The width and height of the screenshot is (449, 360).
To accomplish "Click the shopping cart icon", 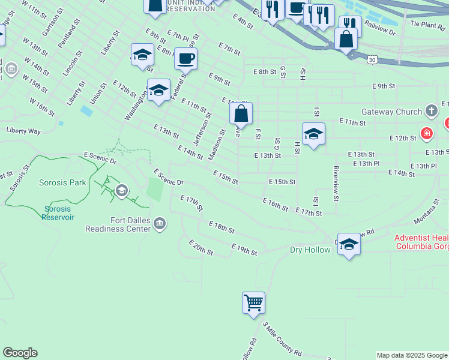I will point(253,302).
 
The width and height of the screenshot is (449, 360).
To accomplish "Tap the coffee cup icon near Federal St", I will point(185,58).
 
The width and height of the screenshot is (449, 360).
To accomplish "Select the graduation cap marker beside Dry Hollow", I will point(349,244).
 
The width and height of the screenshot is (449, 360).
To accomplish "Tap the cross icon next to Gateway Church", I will point(430,111).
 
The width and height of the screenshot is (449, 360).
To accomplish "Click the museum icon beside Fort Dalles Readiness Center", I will point(160,224).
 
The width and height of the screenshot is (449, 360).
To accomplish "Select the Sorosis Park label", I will point(62,182).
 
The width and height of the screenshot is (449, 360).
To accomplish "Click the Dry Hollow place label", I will point(310,250).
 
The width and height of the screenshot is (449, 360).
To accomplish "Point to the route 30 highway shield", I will point(373,59).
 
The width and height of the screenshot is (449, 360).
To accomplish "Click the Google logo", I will point(20,353).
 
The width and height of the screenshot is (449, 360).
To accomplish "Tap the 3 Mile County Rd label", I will point(282,340).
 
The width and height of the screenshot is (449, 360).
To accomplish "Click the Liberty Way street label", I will point(23,130).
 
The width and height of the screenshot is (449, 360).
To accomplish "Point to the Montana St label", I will point(427,213).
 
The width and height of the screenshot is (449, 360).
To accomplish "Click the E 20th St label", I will point(201,247).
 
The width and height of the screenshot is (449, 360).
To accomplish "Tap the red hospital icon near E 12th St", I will point(427,133).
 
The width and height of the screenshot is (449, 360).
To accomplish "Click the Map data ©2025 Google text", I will point(411,355).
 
